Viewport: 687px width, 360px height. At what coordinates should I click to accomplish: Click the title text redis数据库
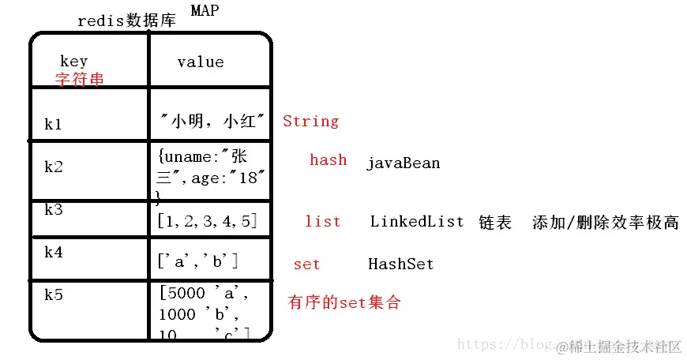[x=127, y=21]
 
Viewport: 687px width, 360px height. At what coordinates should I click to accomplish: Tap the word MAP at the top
[x=205, y=10]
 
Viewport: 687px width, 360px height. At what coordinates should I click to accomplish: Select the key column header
[x=73, y=61]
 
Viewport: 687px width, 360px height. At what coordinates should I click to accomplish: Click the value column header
[x=200, y=62]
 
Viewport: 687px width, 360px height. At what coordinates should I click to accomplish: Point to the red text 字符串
[x=79, y=80]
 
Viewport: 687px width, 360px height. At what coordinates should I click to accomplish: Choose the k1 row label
[x=53, y=125]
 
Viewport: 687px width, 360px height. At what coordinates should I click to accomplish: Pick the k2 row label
[x=53, y=167]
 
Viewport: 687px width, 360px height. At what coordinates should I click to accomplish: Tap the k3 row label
[x=53, y=210]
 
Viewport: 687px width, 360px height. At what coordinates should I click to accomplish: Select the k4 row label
[x=53, y=253]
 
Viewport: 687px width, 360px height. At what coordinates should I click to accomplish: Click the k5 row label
[x=53, y=294]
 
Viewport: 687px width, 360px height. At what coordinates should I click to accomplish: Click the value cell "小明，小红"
[x=212, y=121]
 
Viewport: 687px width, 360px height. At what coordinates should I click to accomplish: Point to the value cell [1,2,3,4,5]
[x=207, y=221]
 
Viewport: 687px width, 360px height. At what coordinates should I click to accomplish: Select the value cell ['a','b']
[x=198, y=259]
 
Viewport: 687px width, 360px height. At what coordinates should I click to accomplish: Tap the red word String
[x=310, y=121]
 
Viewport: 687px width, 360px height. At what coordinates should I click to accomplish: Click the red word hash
[x=328, y=159]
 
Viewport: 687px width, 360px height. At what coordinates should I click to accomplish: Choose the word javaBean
[x=403, y=163]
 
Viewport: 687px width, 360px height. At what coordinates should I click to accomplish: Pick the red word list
[x=322, y=221]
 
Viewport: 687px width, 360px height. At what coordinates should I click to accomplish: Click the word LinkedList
[x=417, y=221]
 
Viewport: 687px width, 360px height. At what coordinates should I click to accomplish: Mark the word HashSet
[x=400, y=264]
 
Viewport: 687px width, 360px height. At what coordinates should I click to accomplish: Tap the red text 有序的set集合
[x=344, y=302]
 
